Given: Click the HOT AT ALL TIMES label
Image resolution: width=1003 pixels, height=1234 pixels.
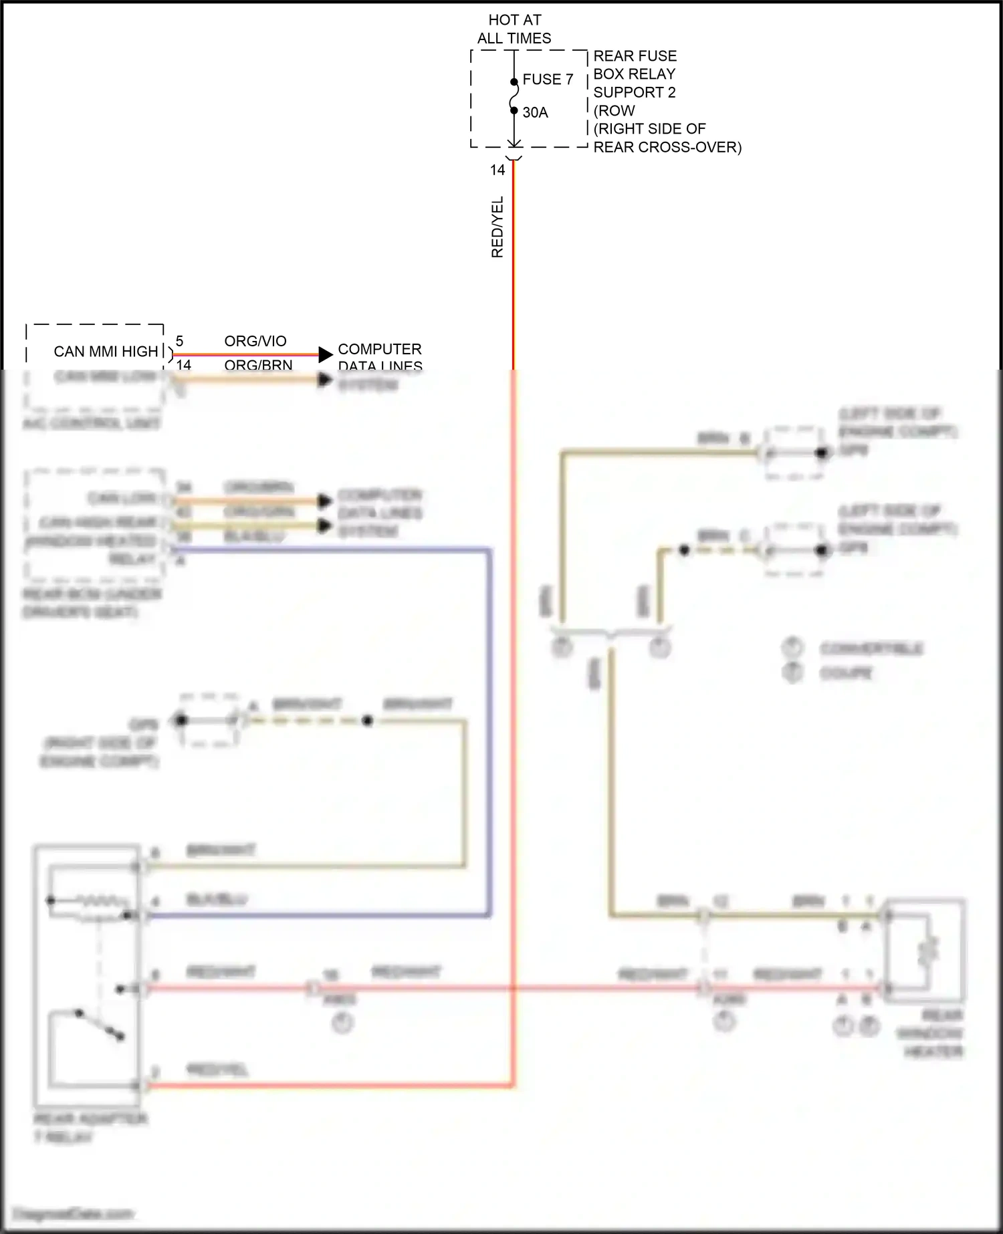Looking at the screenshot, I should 514,29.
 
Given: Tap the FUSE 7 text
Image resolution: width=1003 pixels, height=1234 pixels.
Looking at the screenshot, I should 548,80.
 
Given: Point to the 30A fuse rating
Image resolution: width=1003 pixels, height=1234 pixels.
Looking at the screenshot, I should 535,113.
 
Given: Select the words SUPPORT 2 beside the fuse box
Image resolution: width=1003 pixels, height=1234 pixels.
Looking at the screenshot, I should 634,92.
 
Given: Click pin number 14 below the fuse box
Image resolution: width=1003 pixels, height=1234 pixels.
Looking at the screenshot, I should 497,170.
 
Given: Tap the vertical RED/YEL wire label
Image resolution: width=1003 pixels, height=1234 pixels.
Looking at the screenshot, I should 497,227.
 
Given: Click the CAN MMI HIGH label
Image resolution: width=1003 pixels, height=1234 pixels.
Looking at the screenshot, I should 106,352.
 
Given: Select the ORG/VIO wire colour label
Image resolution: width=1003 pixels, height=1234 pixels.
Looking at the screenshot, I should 255,342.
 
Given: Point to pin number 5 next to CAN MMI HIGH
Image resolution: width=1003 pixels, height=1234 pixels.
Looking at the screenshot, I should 179,342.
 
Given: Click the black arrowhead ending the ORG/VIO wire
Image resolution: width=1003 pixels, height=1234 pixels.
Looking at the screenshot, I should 325,354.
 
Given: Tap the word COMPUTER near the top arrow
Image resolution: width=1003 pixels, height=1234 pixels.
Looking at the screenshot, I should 379,350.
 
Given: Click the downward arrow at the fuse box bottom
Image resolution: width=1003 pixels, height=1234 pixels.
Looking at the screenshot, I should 514,142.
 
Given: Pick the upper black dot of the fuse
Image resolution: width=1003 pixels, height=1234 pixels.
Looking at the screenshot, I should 514,82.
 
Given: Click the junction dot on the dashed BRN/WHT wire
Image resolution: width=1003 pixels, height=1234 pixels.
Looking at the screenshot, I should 367,721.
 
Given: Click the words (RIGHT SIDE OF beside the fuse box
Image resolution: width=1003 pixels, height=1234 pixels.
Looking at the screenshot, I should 649,129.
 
